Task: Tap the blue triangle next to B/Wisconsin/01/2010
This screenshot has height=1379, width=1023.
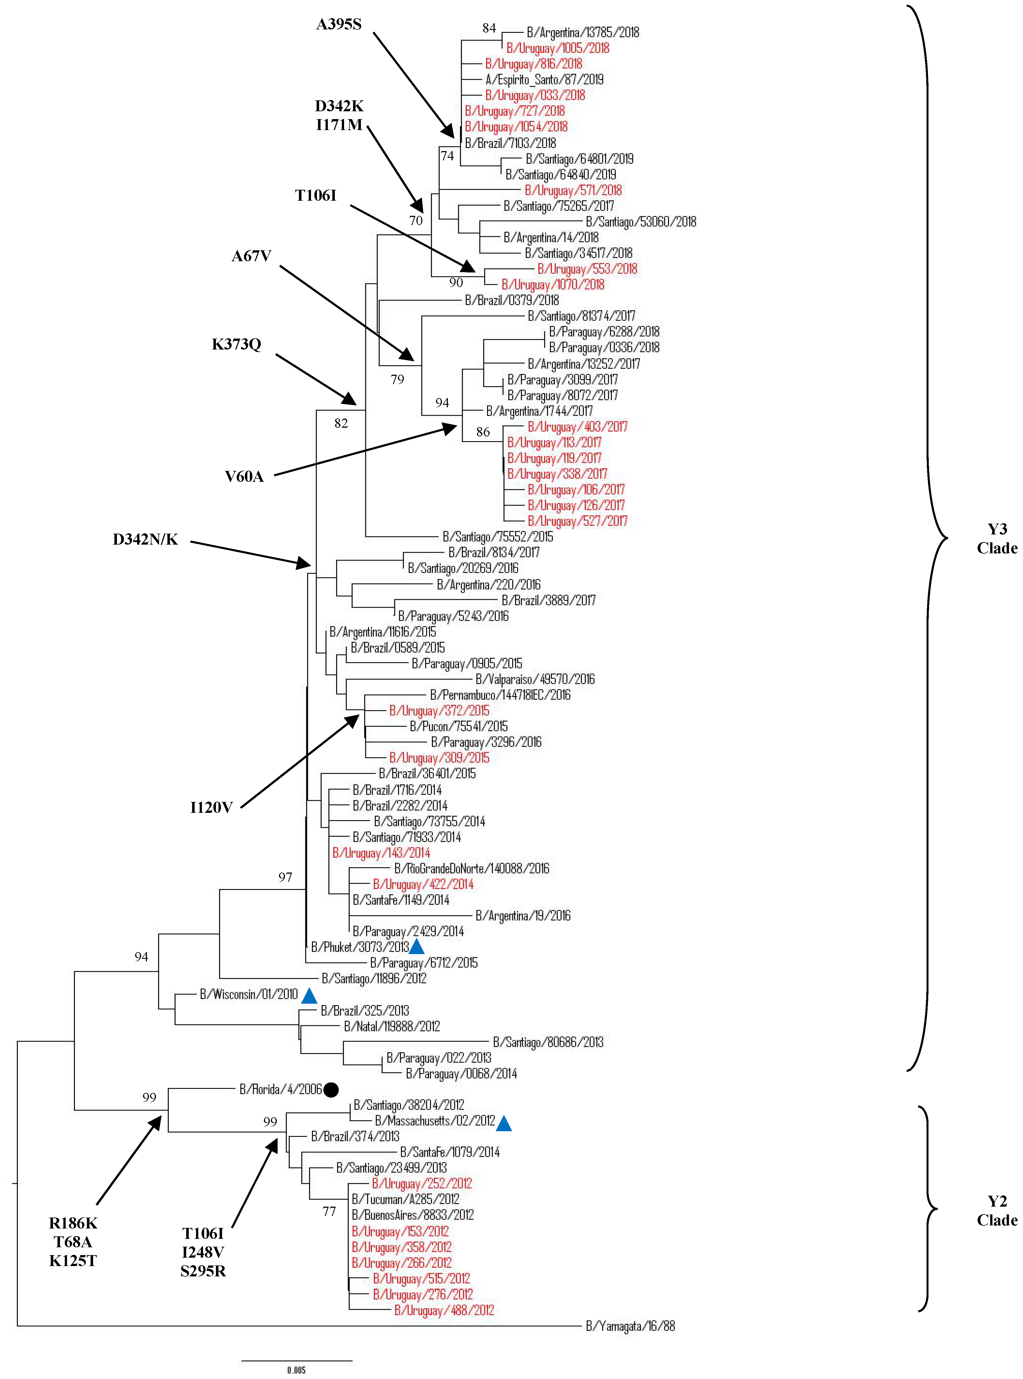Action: click(309, 996)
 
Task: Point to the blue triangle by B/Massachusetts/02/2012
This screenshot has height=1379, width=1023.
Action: click(504, 1123)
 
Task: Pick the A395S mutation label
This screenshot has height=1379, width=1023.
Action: click(339, 24)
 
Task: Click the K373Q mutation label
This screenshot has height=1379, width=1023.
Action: click(237, 344)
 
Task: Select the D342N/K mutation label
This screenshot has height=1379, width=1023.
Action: click(146, 540)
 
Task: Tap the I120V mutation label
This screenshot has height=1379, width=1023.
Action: click(211, 807)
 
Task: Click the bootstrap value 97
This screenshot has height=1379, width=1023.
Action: click(285, 877)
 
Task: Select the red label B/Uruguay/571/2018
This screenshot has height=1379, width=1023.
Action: click(573, 190)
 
